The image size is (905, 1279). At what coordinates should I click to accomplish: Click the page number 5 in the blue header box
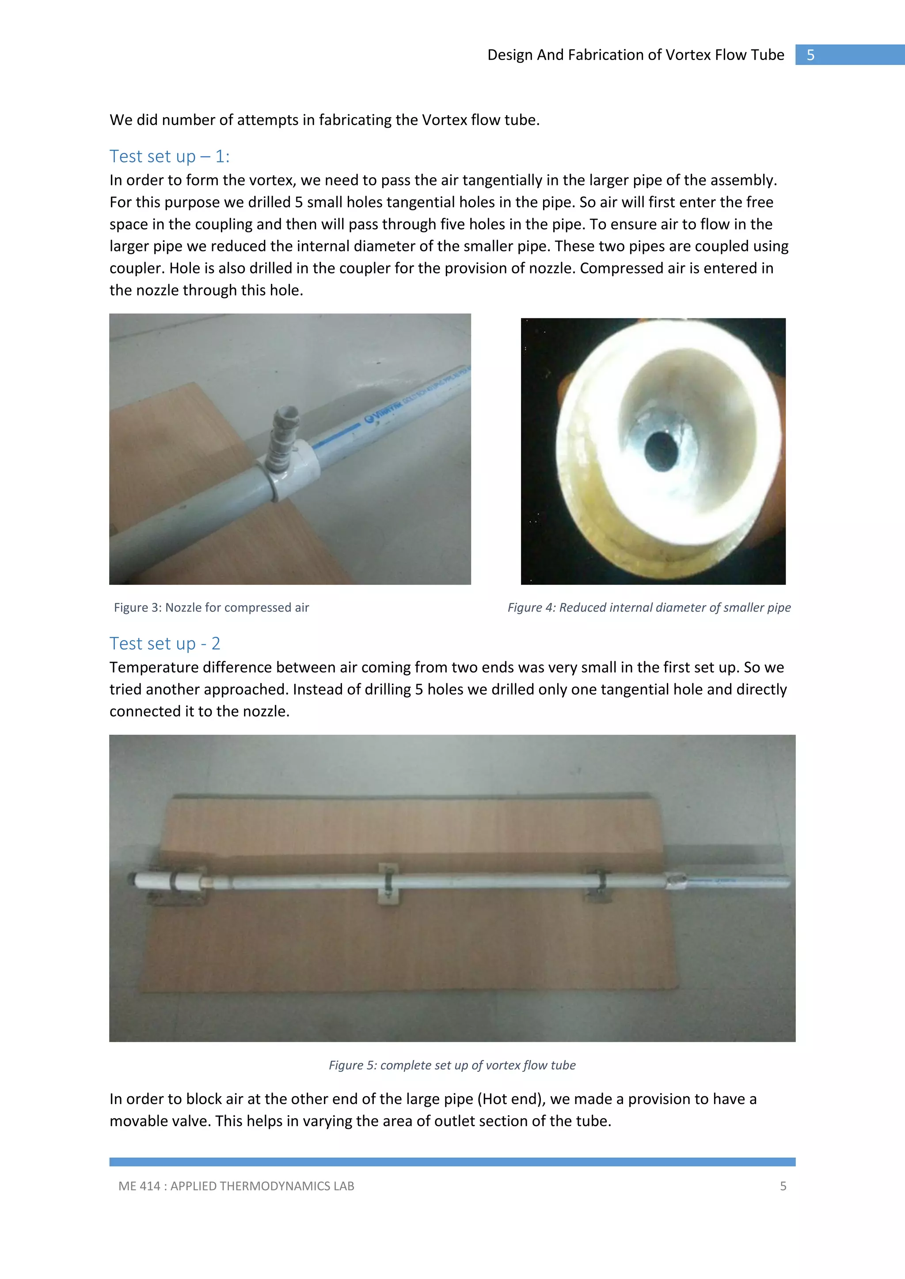tap(810, 55)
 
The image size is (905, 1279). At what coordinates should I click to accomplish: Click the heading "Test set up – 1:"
tap(169, 156)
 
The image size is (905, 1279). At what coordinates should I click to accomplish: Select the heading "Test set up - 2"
tap(165, 643)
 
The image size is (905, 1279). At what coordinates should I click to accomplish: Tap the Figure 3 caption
tap(211, 608)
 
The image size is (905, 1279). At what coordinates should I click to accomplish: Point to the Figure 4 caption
tap(649, 608)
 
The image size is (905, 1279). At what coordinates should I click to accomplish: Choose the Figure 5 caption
tap(452, 1065)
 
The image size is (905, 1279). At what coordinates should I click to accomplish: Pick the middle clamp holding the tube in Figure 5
tap(388, 883)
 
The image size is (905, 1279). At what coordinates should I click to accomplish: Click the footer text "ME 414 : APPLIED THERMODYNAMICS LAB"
tap(236, 1186)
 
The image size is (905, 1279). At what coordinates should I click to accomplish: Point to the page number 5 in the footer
tap(783, 1186)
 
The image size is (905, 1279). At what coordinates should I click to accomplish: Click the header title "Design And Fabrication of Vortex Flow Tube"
tap(635, 55)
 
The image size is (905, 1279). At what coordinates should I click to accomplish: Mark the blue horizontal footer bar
tap(452, 1162)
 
